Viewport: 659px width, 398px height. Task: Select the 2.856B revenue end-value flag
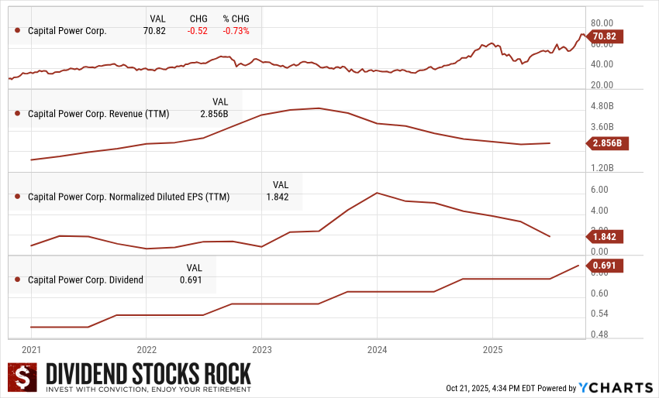pyautogui.click(x=606, y=143)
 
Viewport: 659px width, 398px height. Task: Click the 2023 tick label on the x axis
pyautogui.click(x=261, y=348)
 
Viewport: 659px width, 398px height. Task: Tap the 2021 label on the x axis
pyautogui.click(x=32, y=348)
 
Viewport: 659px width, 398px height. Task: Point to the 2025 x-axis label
pyautogui.click(x=492, y=348)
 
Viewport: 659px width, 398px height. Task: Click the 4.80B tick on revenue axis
pyautogui.click(x=602, y=106)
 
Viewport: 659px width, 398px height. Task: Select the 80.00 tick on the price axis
pyautogui.click(x=602, y=23)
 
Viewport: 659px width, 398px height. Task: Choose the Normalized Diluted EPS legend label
pyautogui.click(x=129, y=197)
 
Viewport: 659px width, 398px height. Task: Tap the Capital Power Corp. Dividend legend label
pyautogui.click(x=85, y=280)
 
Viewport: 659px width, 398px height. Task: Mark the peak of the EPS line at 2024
pyautogui.click(x=376, y=193)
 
